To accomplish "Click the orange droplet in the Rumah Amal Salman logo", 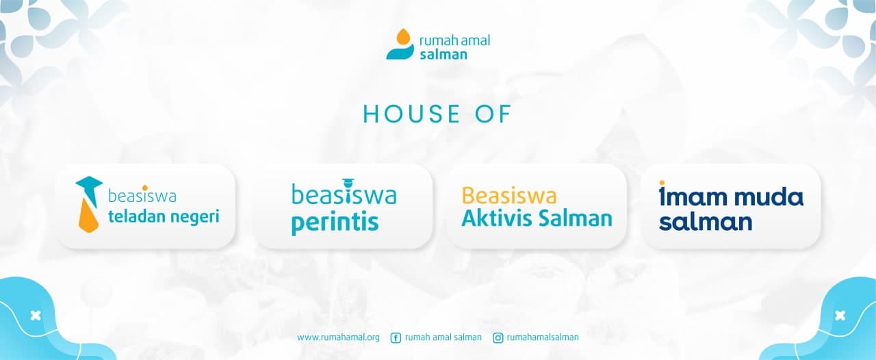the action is tap(404, 37).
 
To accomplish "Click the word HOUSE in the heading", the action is tap(412, 114).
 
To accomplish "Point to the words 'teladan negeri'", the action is tap(164, 216).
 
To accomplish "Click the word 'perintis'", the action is tap(335, 222).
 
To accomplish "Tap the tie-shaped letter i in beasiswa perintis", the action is tap(347, 192).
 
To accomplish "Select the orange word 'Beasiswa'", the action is tap(508, 195).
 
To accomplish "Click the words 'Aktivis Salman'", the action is tap(537, 218).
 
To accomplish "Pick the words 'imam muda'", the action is tap(731, 196).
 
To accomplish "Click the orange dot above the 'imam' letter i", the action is tap(662, 183).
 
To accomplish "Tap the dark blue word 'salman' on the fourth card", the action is tap(706, 222).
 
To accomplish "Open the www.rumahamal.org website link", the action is tap(338, 337).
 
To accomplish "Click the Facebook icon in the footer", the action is tap(396, 337).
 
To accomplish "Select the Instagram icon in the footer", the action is tap(498, 337).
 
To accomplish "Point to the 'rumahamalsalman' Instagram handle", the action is tap(543, 337).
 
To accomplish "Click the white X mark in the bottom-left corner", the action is tap(36, 316).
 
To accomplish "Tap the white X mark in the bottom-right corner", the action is tap(840, 316).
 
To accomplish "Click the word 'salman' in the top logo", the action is tap(443, 54).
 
